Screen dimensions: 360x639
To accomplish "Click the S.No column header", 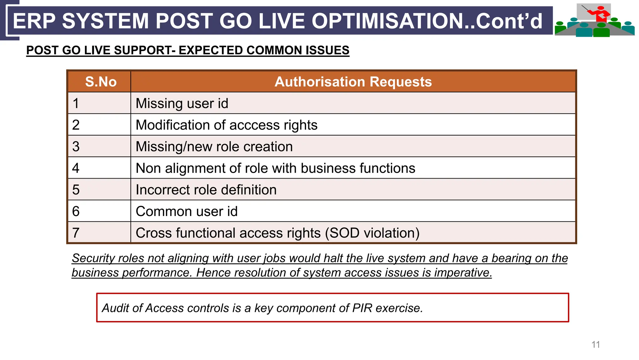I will [101, 82].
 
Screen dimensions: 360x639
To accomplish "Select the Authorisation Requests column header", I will [353, 82].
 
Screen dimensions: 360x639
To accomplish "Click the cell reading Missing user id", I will [182, 103].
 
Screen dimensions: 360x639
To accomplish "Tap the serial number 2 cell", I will [76, 125].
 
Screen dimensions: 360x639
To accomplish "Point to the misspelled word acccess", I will [255, 125].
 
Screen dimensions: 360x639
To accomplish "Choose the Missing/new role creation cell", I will [214, 147].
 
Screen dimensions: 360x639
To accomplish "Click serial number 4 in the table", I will [76, 168].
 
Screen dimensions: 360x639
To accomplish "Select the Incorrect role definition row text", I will [206, 190].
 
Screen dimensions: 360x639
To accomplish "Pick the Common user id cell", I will [187, 211].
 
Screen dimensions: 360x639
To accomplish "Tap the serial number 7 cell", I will [76, 233].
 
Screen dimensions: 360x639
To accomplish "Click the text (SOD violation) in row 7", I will [372, 233].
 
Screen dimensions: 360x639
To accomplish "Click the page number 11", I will [596, 344].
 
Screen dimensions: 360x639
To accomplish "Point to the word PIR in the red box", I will [362, 308].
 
